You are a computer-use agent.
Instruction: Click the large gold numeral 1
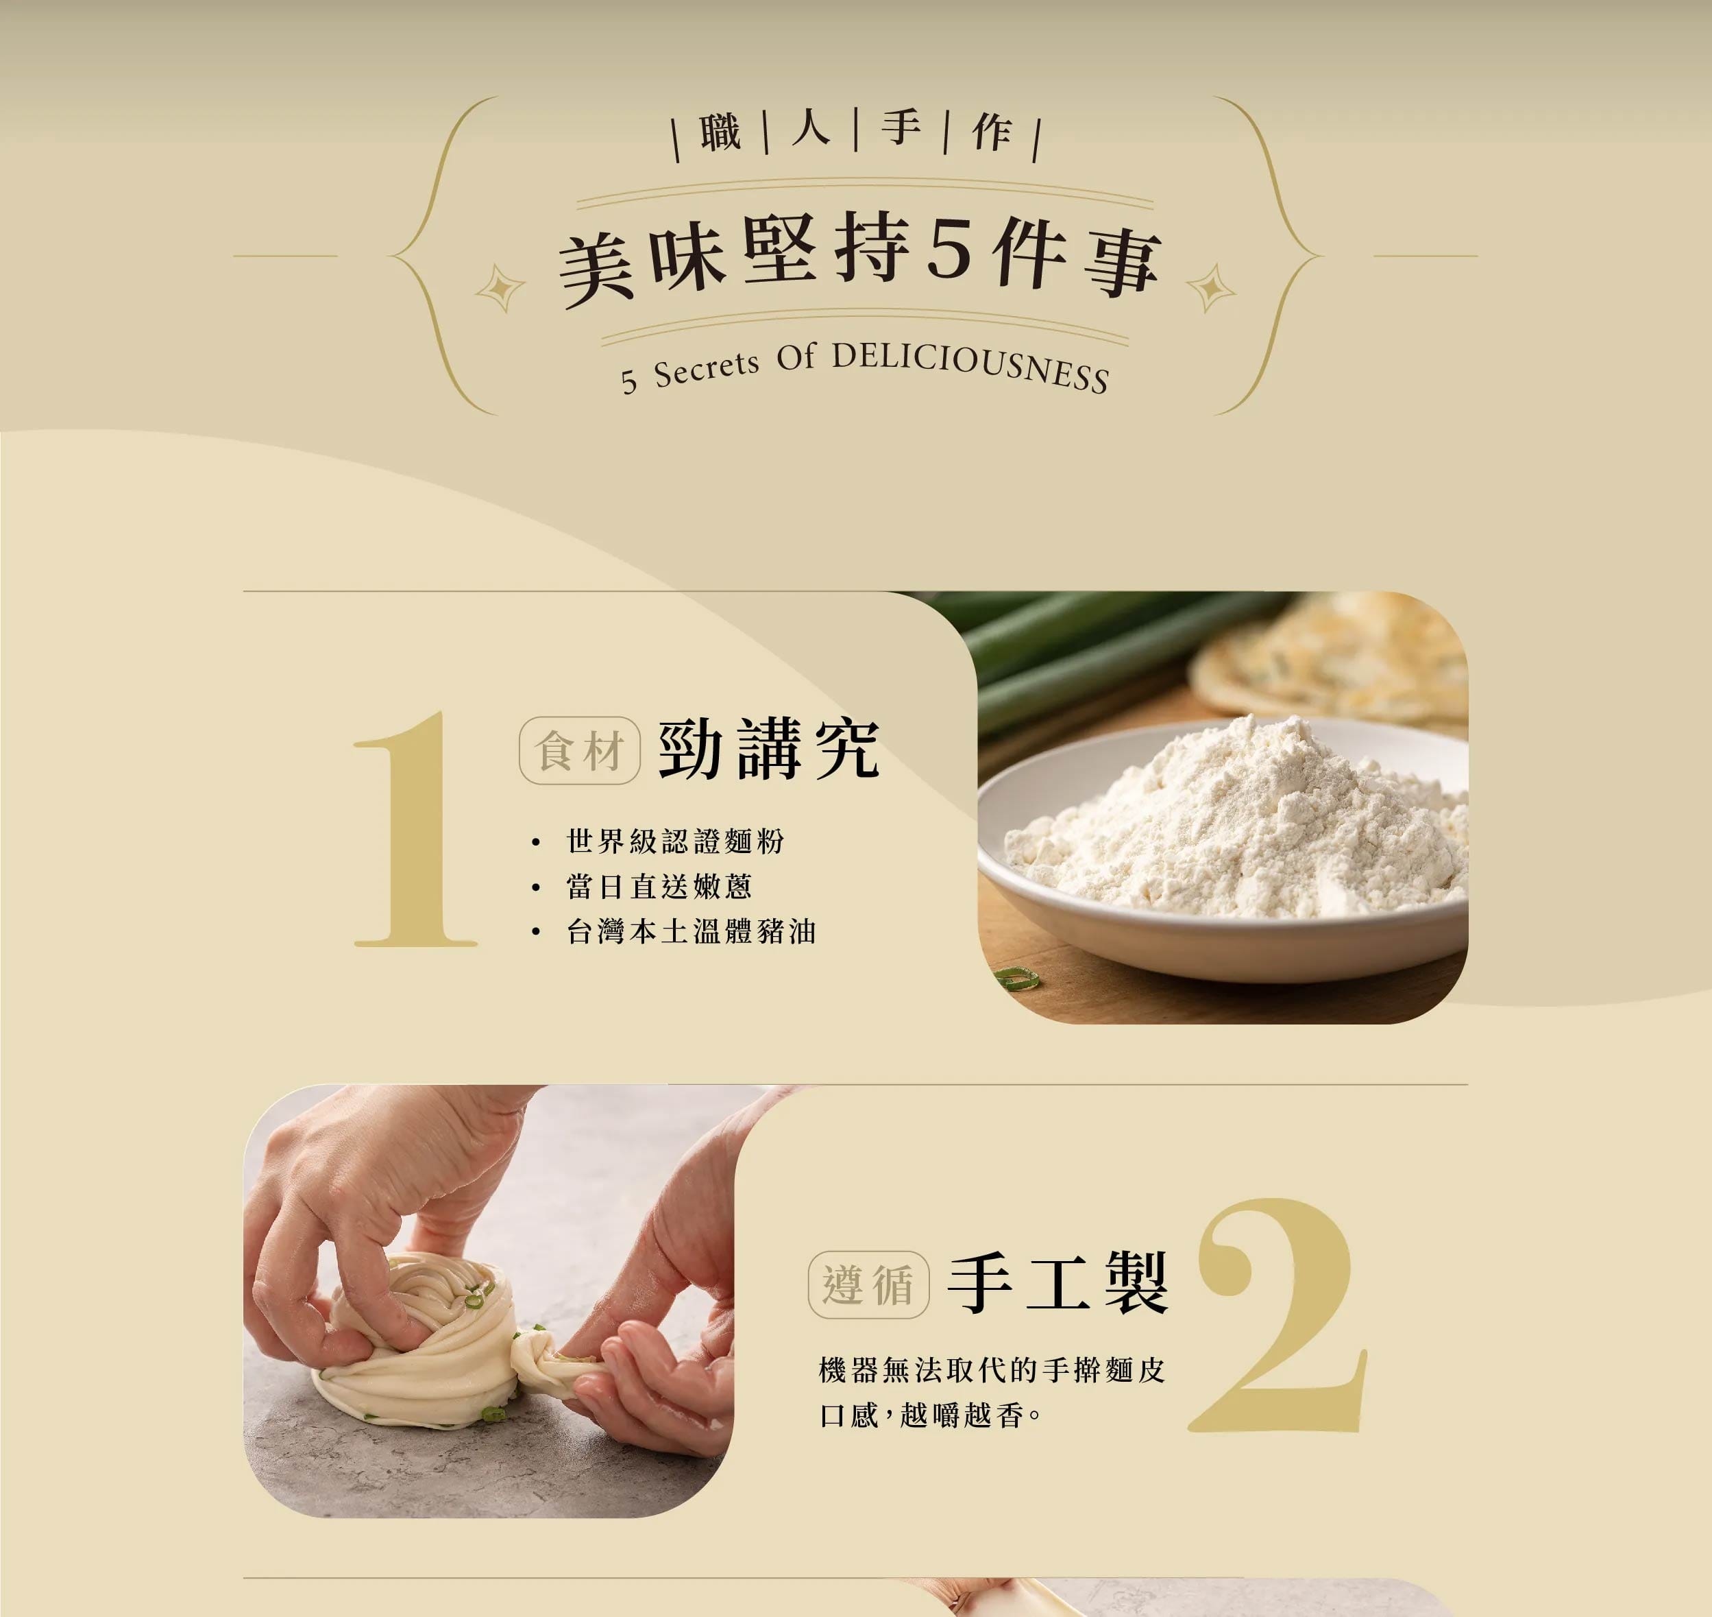pos(416,830)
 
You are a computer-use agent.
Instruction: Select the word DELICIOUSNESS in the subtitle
pos(970,366)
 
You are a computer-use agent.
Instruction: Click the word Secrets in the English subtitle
pos(707,370)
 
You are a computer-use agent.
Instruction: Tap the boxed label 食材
pos(580,751)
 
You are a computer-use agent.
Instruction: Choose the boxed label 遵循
pos(868,1285)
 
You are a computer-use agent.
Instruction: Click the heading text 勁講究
pos(768,749)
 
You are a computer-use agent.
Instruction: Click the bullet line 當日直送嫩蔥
pos(659,886)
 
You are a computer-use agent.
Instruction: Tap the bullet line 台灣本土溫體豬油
pos(691,931)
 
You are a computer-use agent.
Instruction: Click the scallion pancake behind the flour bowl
pos(1331,655)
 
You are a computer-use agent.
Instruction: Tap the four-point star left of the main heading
pos(500,289)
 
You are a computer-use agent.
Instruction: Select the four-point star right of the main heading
pos(1212,288)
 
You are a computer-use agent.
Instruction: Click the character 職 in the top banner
pos(720,133)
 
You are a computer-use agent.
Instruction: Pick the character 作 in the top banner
pos(991,133)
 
